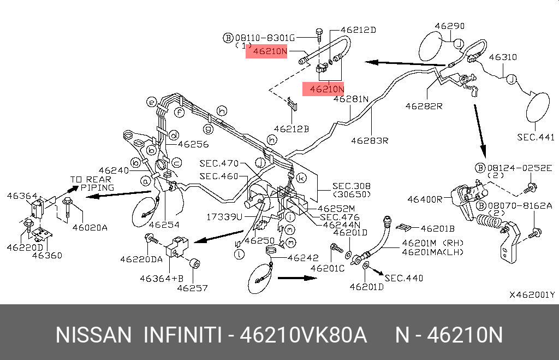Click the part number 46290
[450, 26]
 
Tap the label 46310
[503, 57]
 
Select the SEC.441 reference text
[536, 137]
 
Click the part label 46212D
[358, 30]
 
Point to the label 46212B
[292, 129]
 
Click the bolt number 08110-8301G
[265, 38]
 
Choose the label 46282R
[424, 106]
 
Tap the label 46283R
[370, 140]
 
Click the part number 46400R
[425, 199]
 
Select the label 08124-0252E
[520, 168]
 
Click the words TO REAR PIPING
[92, 184]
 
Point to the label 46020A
[90, 227]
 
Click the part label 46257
[193, 287]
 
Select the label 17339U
[224, 216]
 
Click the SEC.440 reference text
[404, 278]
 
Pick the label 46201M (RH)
[433, 243]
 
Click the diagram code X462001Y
[532, 294]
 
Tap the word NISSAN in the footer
[94, 335]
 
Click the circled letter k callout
[301, 178]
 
